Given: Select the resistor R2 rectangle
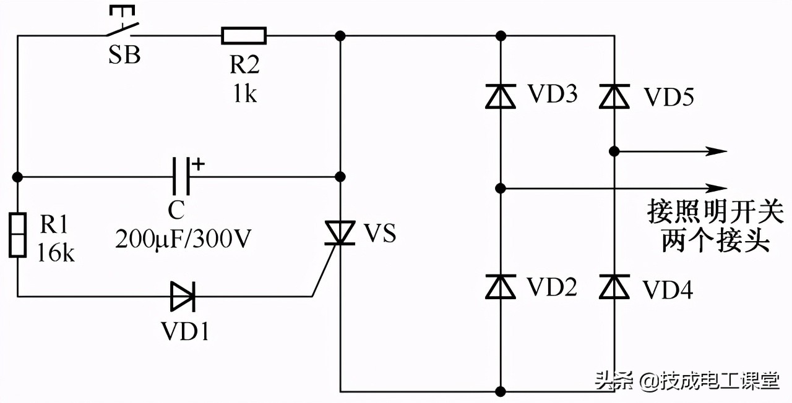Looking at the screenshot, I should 244,36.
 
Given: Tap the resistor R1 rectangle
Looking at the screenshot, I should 17,234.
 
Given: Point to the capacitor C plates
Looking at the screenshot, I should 180,177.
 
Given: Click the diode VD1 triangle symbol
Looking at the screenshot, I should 183,296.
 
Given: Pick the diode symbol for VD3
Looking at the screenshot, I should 501,96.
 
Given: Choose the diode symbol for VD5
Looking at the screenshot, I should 614,96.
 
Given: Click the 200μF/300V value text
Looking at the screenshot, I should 183,238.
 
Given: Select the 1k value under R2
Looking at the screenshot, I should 244,95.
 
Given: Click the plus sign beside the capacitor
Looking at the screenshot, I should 198,164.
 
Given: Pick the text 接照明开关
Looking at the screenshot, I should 715,212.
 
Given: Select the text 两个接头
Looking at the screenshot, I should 715,240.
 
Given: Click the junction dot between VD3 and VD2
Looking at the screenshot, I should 501,187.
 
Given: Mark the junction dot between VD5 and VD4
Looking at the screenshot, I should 614,151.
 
